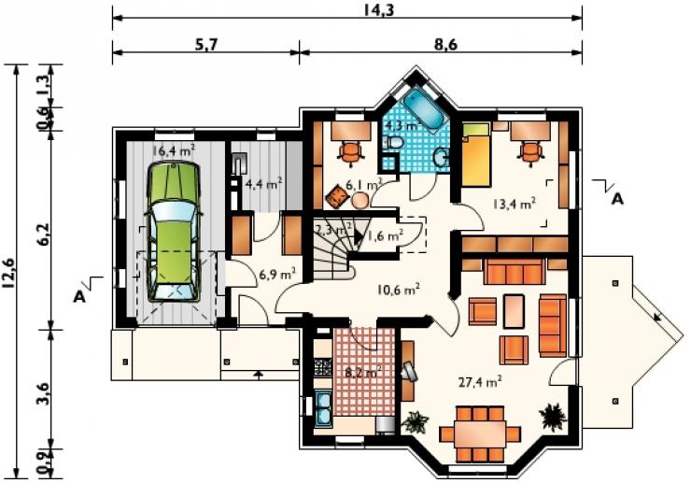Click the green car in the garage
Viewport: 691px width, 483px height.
[x=173, y=232]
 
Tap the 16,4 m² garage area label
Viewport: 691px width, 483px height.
[x=174, y=150]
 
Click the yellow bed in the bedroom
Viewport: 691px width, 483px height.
[x=476, y=154]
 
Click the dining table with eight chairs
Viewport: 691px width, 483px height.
[x=480, y=433]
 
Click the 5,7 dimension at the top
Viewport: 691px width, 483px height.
[x=208, y=44]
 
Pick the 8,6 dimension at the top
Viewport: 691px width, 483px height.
[x=445, y=44]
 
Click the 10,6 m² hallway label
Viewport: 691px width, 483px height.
[x=399, y=290]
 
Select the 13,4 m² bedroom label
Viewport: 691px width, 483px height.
[x=515, y=204]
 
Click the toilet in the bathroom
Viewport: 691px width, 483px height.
[x=393, y=142]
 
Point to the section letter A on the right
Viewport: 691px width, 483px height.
[x=618, y=199]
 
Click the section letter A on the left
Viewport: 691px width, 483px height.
[x=79, y=296]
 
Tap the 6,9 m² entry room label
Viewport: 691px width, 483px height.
[x=277, y=275]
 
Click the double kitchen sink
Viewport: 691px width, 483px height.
[x=324, y=409]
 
